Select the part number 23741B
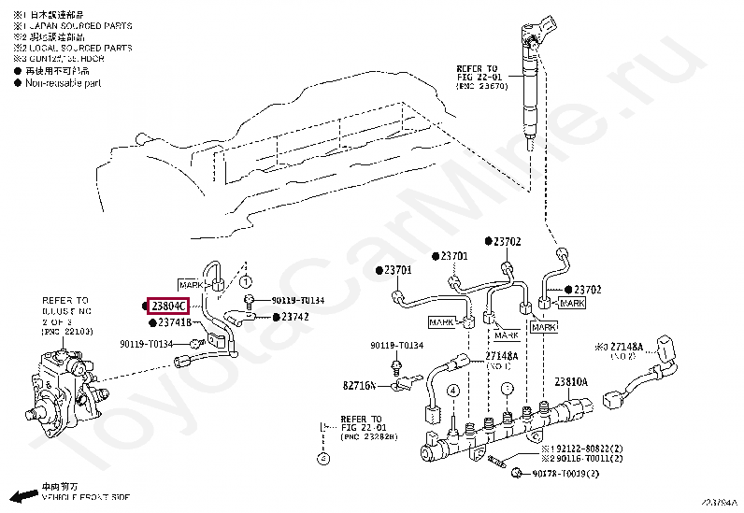point(176,323)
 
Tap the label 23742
point(295,318)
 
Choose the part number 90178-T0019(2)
point(566,475)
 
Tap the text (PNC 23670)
point(481,86)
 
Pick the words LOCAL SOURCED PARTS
point(79,48)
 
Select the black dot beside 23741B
point(150,323)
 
